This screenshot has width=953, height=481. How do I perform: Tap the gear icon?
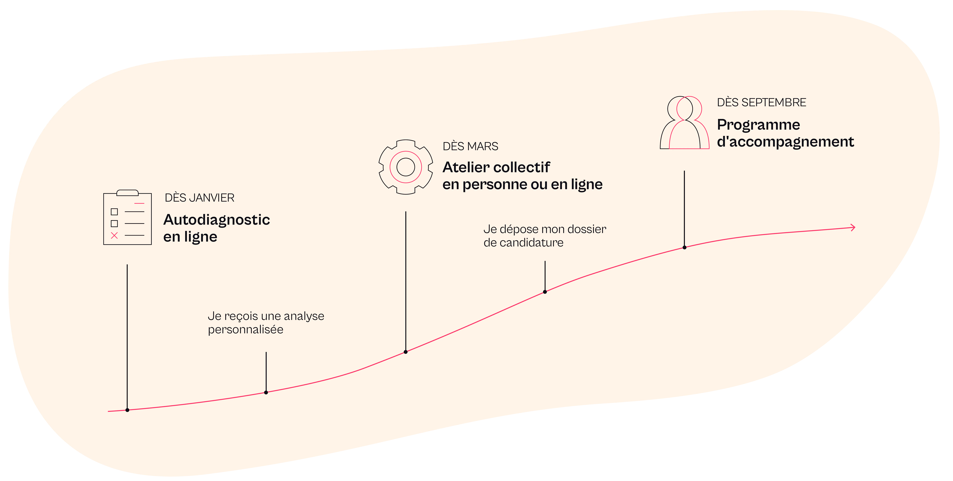pyautogui.click(x=406, y=167)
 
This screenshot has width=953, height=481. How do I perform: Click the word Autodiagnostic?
pyautogui.click(x=217, y=220)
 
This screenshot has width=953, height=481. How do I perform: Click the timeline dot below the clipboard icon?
pyautogui.click(x=127, y=410)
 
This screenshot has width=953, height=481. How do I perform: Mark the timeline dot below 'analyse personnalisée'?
pyautogui.click(x=266, y=392)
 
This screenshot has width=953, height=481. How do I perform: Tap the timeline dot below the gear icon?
pyautogui.click(x=406, y=352)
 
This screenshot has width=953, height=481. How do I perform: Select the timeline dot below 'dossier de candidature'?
pyautogui.click(x=545, y=292)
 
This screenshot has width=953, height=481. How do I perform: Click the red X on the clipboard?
pyautogui.click(x=114, y=235)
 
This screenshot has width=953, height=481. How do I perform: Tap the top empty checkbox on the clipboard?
pyautogui.click(x=114, y=212)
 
